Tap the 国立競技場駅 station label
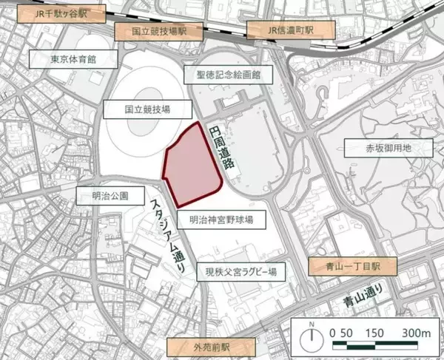click(x=157, y=33)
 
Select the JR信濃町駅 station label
click(x=291, y=30)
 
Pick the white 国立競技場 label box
click(x=148, y=109)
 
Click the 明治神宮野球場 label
click(x=221, y=220)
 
